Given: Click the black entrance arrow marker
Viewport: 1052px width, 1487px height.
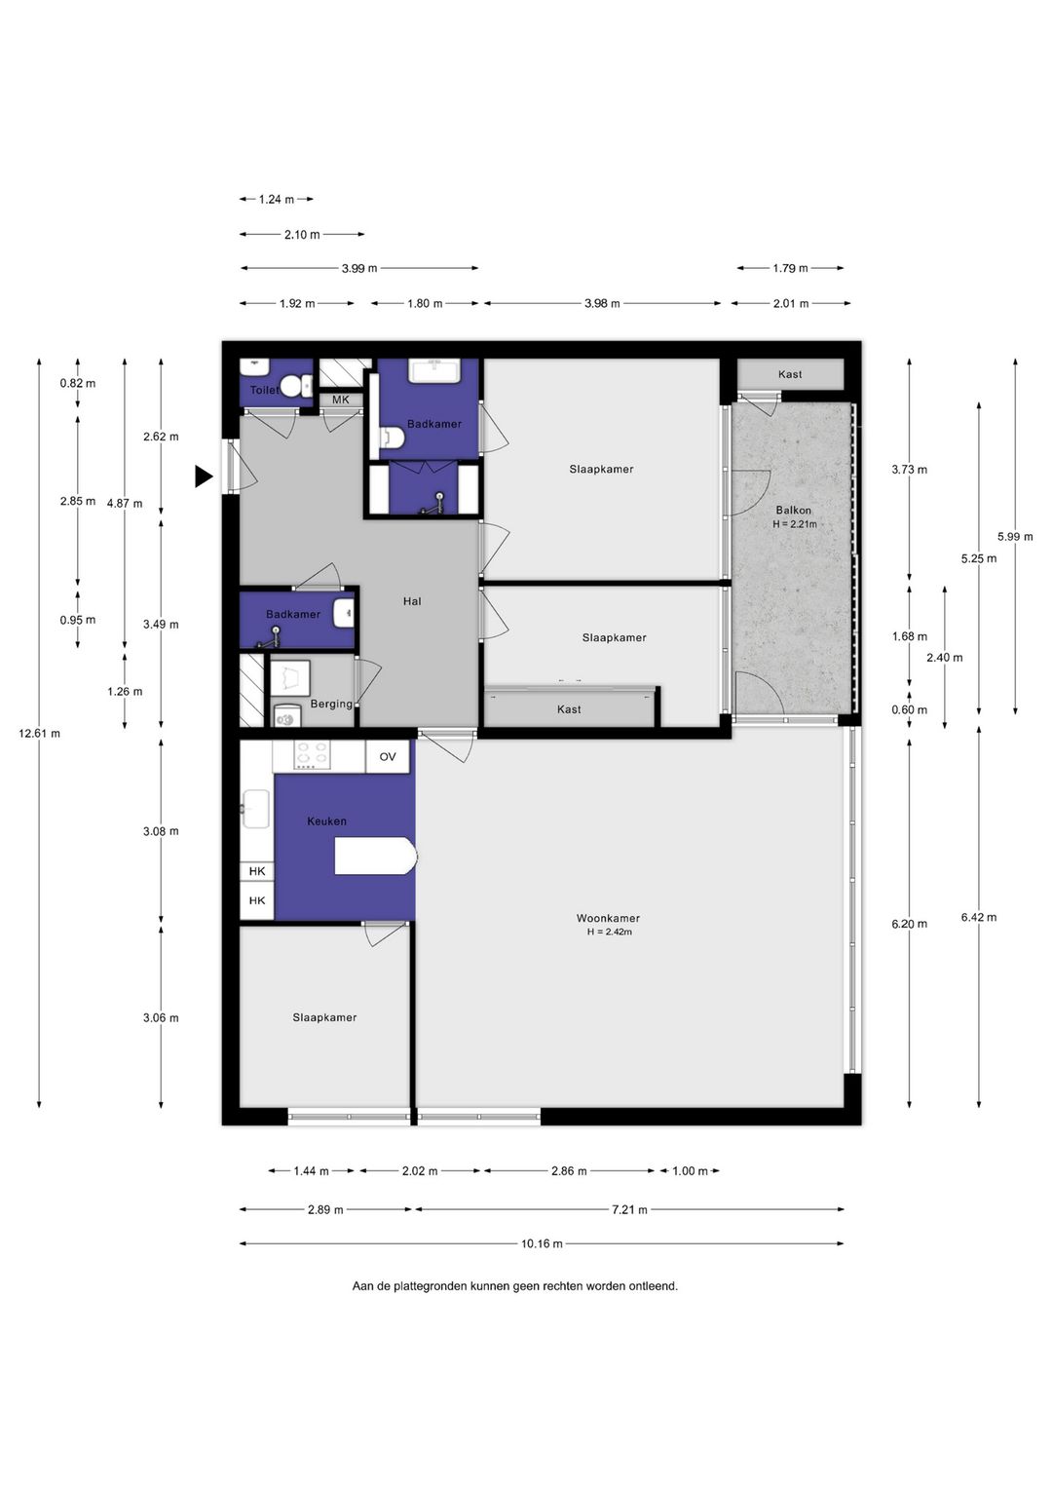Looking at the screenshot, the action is (204, 476).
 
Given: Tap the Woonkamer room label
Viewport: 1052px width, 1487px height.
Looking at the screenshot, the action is (608, 918).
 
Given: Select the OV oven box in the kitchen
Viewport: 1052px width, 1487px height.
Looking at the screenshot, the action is (388, 756).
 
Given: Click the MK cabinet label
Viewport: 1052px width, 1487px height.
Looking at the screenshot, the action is (341, 400).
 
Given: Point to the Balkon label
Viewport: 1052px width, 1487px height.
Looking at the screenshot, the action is (793, 510).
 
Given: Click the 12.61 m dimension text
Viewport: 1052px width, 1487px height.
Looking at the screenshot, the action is (39, 733).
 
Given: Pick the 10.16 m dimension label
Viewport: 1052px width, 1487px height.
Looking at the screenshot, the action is (542, 1243).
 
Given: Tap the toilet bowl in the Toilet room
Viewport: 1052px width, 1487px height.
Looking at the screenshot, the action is (295, 385).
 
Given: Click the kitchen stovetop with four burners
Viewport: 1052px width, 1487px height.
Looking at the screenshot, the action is (313, 755).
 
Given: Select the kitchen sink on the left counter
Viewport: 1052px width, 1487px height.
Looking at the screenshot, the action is (255, 809).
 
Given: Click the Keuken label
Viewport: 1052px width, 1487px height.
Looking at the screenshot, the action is (326, 821).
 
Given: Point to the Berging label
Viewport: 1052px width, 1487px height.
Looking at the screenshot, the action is (331, 704).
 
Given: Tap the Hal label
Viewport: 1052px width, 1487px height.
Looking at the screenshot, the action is (412, 601).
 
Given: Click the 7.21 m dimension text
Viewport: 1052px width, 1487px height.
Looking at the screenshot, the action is (629, 1209).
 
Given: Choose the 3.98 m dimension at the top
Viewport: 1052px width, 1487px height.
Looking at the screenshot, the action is (602, 303).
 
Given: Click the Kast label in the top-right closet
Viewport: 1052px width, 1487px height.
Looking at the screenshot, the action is (790, 374).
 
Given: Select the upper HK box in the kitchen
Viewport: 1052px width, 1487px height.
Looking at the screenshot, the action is (257, 871).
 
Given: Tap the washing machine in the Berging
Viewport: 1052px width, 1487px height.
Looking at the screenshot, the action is (287, 716).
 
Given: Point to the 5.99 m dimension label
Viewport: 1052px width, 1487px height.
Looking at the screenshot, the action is (1015, 536).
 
